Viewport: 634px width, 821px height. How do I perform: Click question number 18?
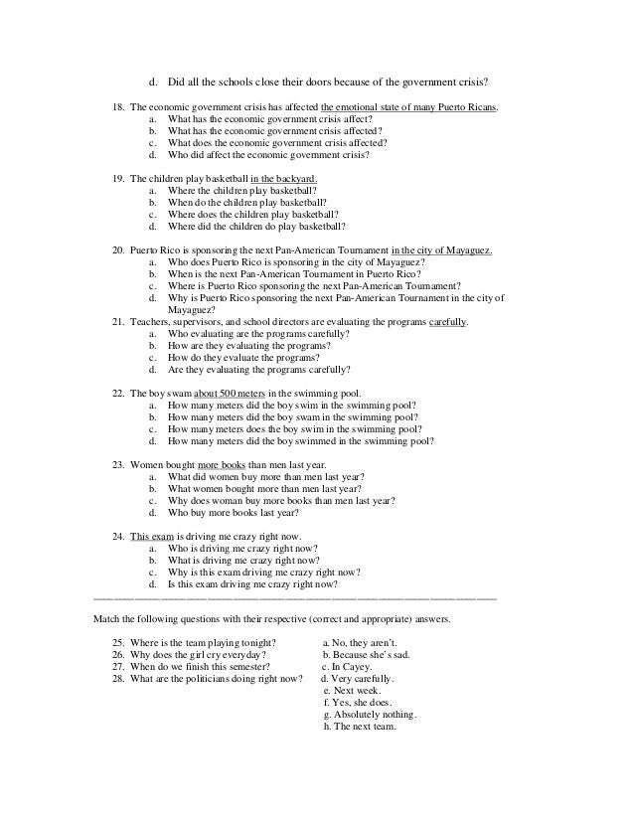[x=119, y=106]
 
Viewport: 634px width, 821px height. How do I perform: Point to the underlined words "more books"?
[x=223, y=464]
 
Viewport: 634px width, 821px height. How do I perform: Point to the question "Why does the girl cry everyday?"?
[x=199, y=656]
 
